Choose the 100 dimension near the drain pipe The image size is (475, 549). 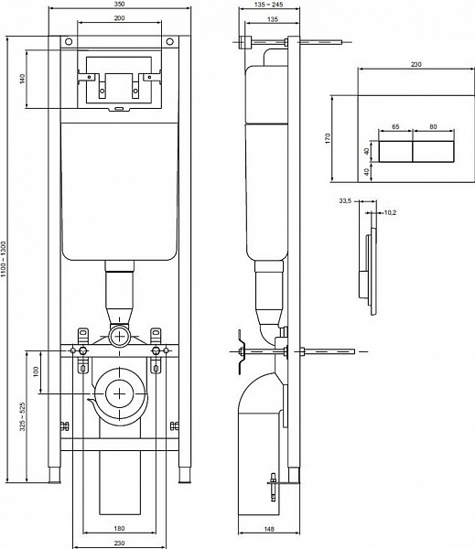37,371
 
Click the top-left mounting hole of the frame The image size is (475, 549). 66,43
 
